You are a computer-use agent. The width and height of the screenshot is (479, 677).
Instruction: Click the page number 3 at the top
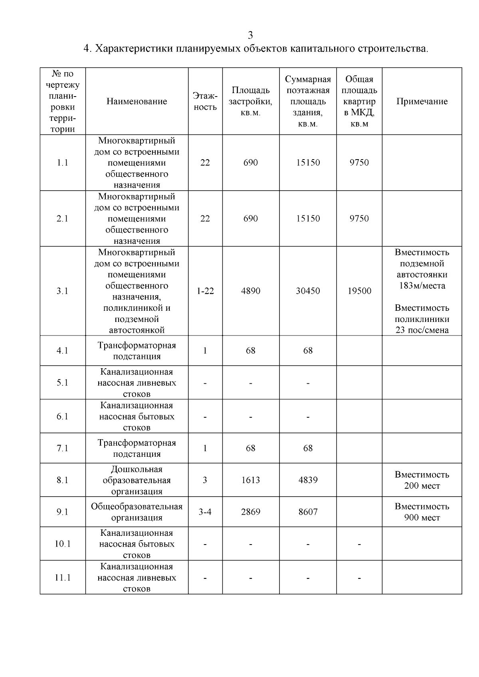click(250, 35)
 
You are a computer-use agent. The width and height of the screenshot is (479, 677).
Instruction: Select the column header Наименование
click(137, 101)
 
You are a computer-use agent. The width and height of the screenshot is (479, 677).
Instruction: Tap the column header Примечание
click(422, 101)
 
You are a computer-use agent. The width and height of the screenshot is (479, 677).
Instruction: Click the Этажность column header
click(205, 101)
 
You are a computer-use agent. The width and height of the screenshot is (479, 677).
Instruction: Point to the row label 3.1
click(62, 291)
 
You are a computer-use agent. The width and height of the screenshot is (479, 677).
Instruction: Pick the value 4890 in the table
click(251, 291)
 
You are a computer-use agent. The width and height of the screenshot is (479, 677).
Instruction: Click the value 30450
click(308, 291)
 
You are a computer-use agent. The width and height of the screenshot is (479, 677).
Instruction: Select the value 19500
click(359, 291)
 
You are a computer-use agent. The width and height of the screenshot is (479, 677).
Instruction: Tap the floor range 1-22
click(205, 291)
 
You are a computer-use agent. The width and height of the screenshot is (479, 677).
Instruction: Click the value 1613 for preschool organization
click(251, 480)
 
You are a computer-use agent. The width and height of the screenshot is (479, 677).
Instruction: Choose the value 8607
click(308, 512)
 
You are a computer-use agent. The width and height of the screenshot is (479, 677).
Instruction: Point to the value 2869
click(251, 512)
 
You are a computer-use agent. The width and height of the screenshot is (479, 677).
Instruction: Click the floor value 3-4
click(205, 512)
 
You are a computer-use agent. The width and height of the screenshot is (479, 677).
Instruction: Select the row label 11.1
click(62, 578)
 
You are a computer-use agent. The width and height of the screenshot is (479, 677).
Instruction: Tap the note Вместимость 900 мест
click(422, 512)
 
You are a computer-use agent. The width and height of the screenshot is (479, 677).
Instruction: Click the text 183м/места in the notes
click(422, 286)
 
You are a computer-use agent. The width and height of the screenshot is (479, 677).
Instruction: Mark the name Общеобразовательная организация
click(137, 512)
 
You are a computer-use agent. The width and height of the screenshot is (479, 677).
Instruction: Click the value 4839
click(308, 480)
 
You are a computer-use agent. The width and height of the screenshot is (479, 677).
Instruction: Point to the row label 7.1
click(62, 448)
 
